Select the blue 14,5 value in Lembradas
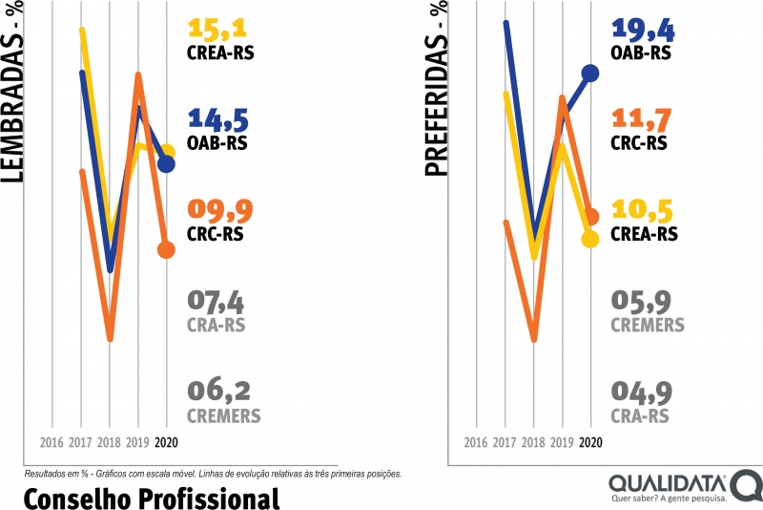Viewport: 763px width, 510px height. coord(218,120)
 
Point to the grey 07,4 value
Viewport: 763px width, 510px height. coord(216,303)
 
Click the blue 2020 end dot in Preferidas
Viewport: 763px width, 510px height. coord(590,73)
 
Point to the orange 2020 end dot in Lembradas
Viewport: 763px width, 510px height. coord(166,250)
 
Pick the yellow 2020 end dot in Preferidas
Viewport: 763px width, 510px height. coord(590,239)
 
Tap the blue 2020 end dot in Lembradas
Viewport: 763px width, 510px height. coord(166,164)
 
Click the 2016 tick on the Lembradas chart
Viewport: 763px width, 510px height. coord(52,443)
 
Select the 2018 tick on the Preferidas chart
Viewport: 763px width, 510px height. coord(533,443)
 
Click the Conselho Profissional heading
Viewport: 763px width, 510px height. coord(151,496)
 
